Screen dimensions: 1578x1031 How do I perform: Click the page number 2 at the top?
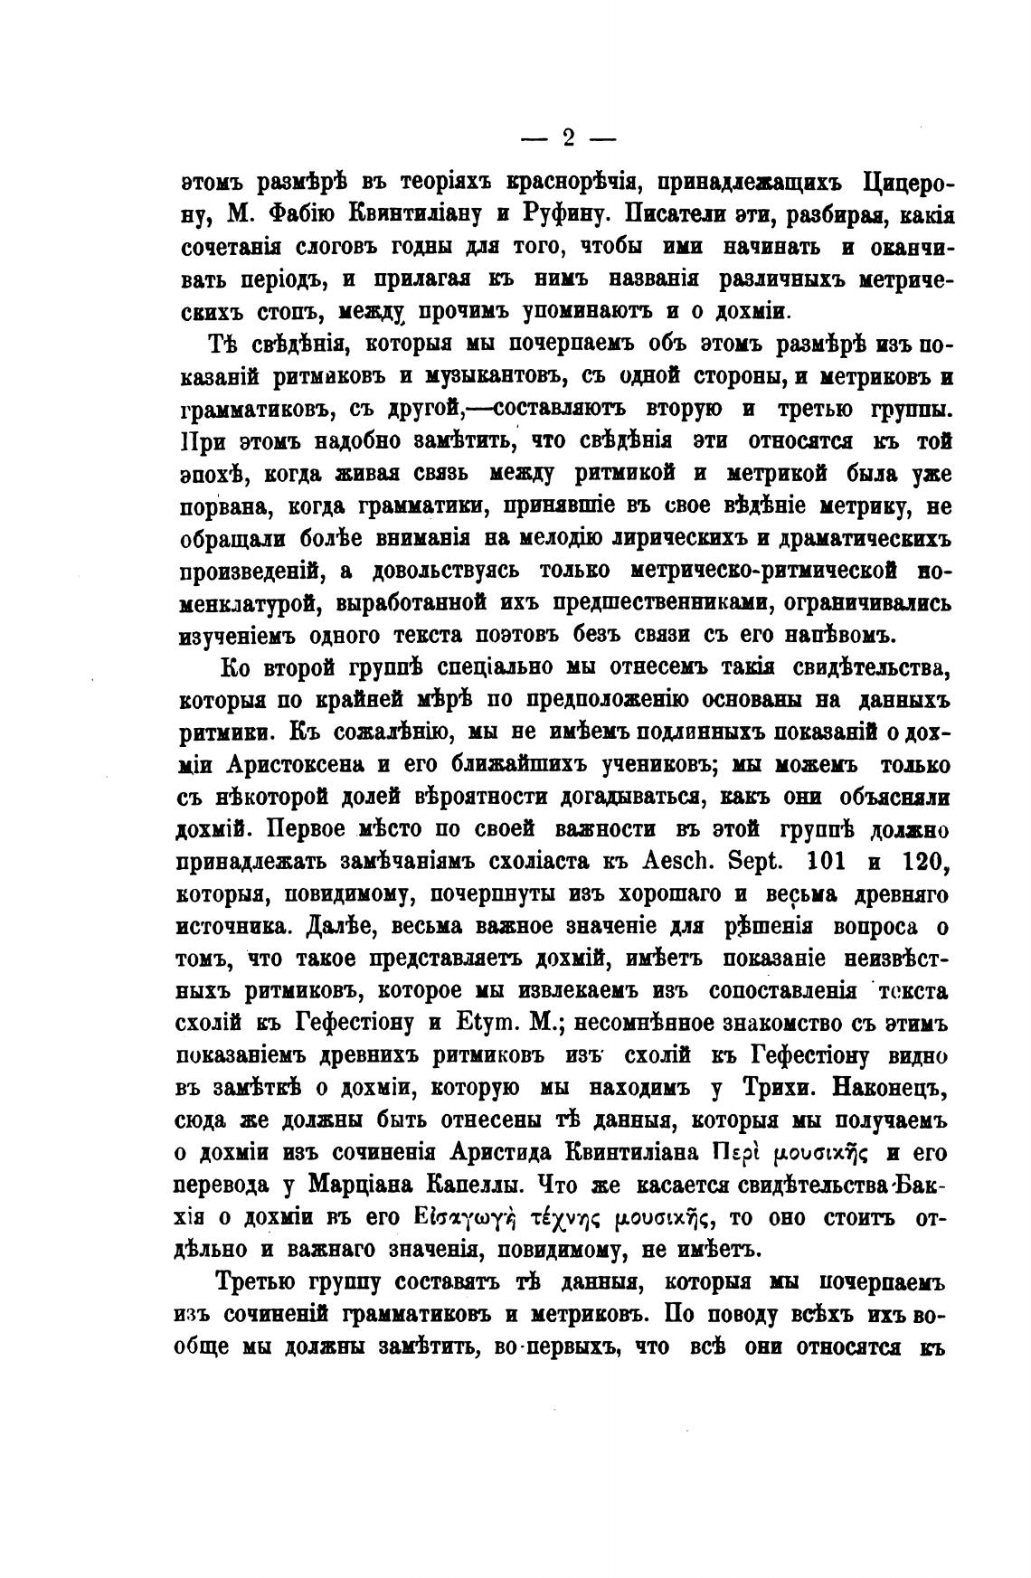(569, 138)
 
